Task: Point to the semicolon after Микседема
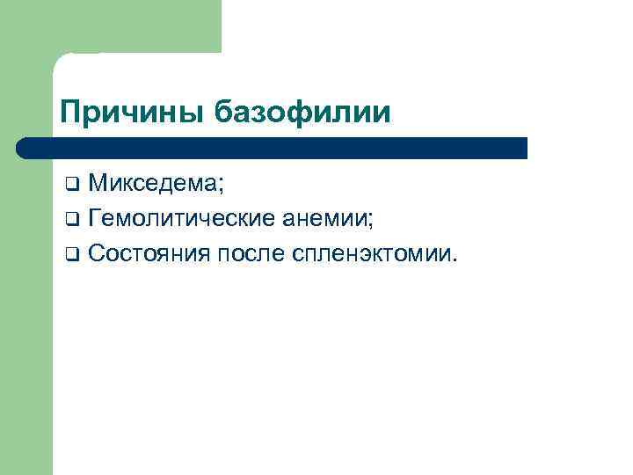(x=222, y=186)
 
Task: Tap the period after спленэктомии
(x=455, y=260)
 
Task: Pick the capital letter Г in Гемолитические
(x=95, y=219)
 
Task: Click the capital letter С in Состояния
(x=97, y=254)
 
